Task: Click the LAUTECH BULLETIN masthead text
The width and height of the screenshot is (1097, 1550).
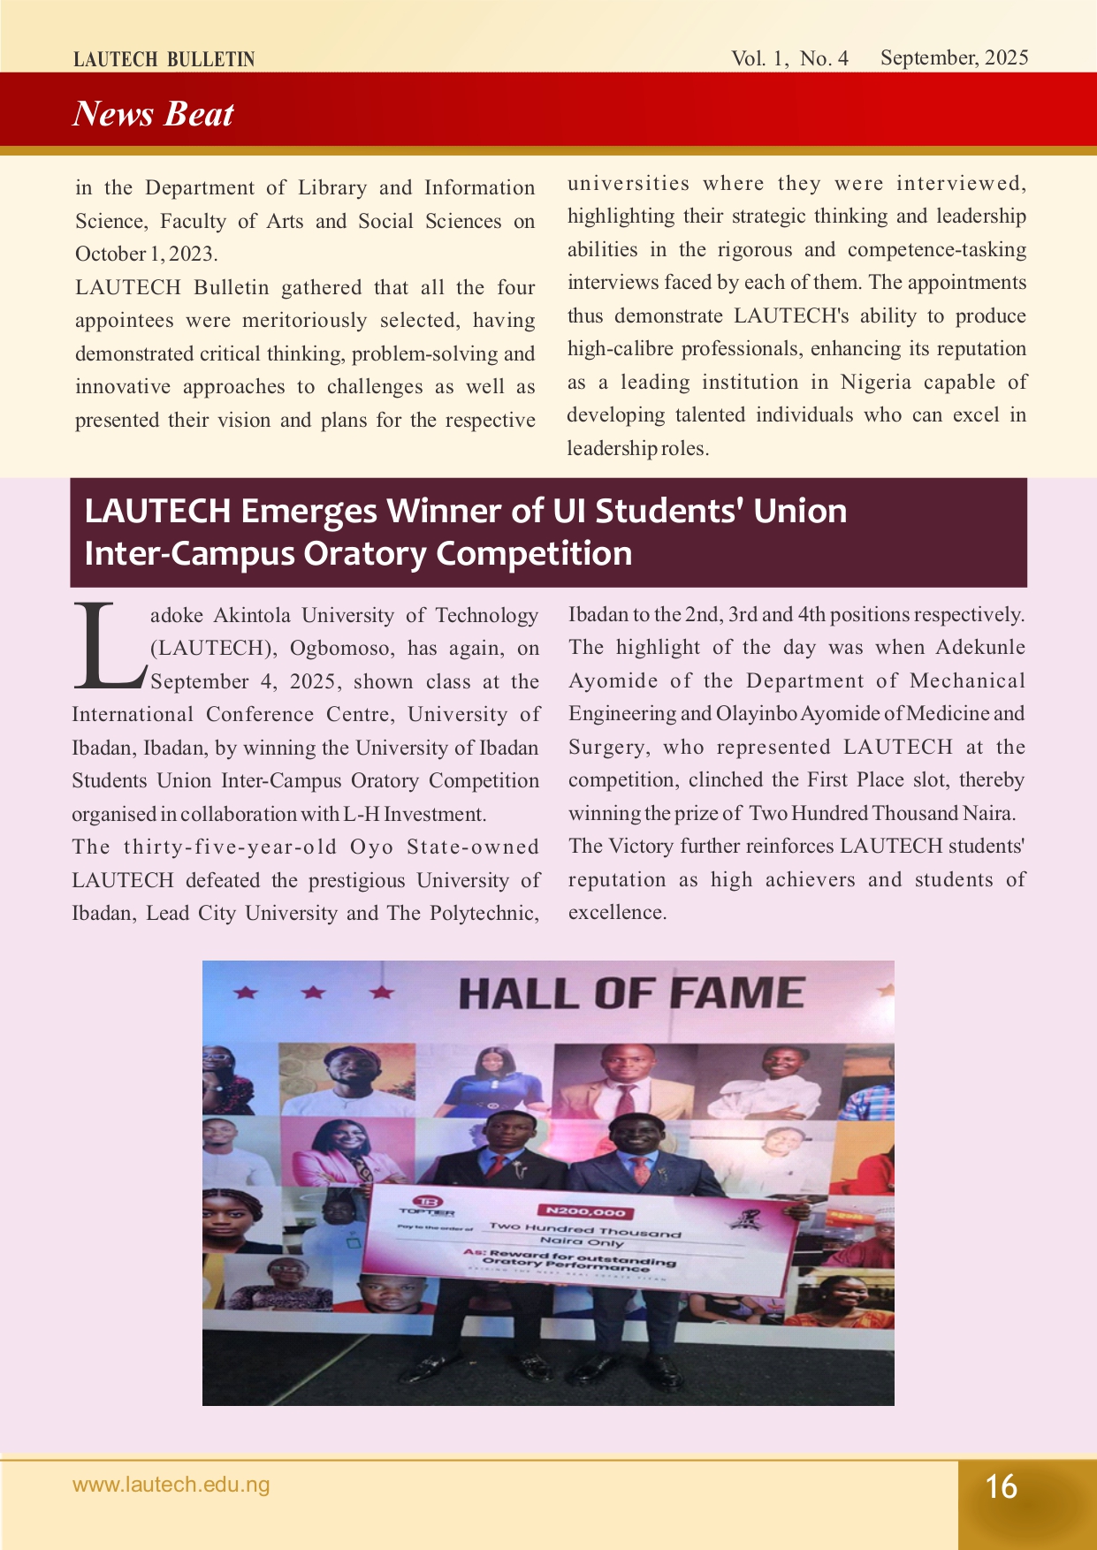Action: [x=164, y=59]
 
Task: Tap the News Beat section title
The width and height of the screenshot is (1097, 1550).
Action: [x=153, y=114]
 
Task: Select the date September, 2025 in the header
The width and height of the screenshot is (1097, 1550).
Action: [x=954, y=58]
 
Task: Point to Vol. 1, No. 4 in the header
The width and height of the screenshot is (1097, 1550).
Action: [x=789, y=59]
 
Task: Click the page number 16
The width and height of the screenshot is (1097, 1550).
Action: [x=1002, y=1486]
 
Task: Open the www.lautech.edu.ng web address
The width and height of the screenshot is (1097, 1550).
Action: [x=171, y=1485]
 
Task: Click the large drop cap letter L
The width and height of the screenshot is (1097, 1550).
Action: [x=107, y=646]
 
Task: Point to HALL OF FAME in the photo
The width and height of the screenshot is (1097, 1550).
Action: [x=631, y=993]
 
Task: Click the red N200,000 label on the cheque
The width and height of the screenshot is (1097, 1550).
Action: [x=586, y=1212]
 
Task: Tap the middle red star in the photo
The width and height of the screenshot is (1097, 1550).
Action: [x=313, y=992]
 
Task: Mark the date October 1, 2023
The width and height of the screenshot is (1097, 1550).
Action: [x=146, y=255]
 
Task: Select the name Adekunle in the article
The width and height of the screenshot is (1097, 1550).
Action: [x=980, y=647]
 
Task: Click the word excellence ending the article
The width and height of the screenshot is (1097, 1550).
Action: [x=616, y=913]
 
